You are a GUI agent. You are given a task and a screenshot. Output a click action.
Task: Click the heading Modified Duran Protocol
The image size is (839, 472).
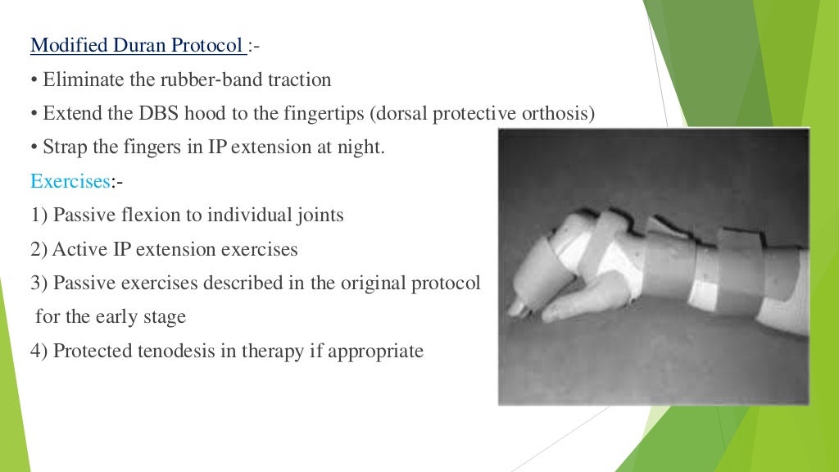[x=138, y=45]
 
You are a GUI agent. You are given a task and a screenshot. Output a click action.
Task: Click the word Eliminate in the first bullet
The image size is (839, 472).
[x=78, y=79]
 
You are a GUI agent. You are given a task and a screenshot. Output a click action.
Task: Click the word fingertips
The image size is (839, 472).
[x=315, y=113]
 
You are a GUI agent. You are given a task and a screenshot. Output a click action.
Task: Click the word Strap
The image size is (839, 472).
[x=63, y=147]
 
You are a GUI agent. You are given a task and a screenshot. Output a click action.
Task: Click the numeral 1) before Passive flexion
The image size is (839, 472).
[x=39, y=216]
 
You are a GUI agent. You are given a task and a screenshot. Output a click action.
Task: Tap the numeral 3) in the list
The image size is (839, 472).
[x=39, y=284]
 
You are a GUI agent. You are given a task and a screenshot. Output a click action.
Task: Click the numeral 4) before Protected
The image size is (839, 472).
[x=39, y=352]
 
